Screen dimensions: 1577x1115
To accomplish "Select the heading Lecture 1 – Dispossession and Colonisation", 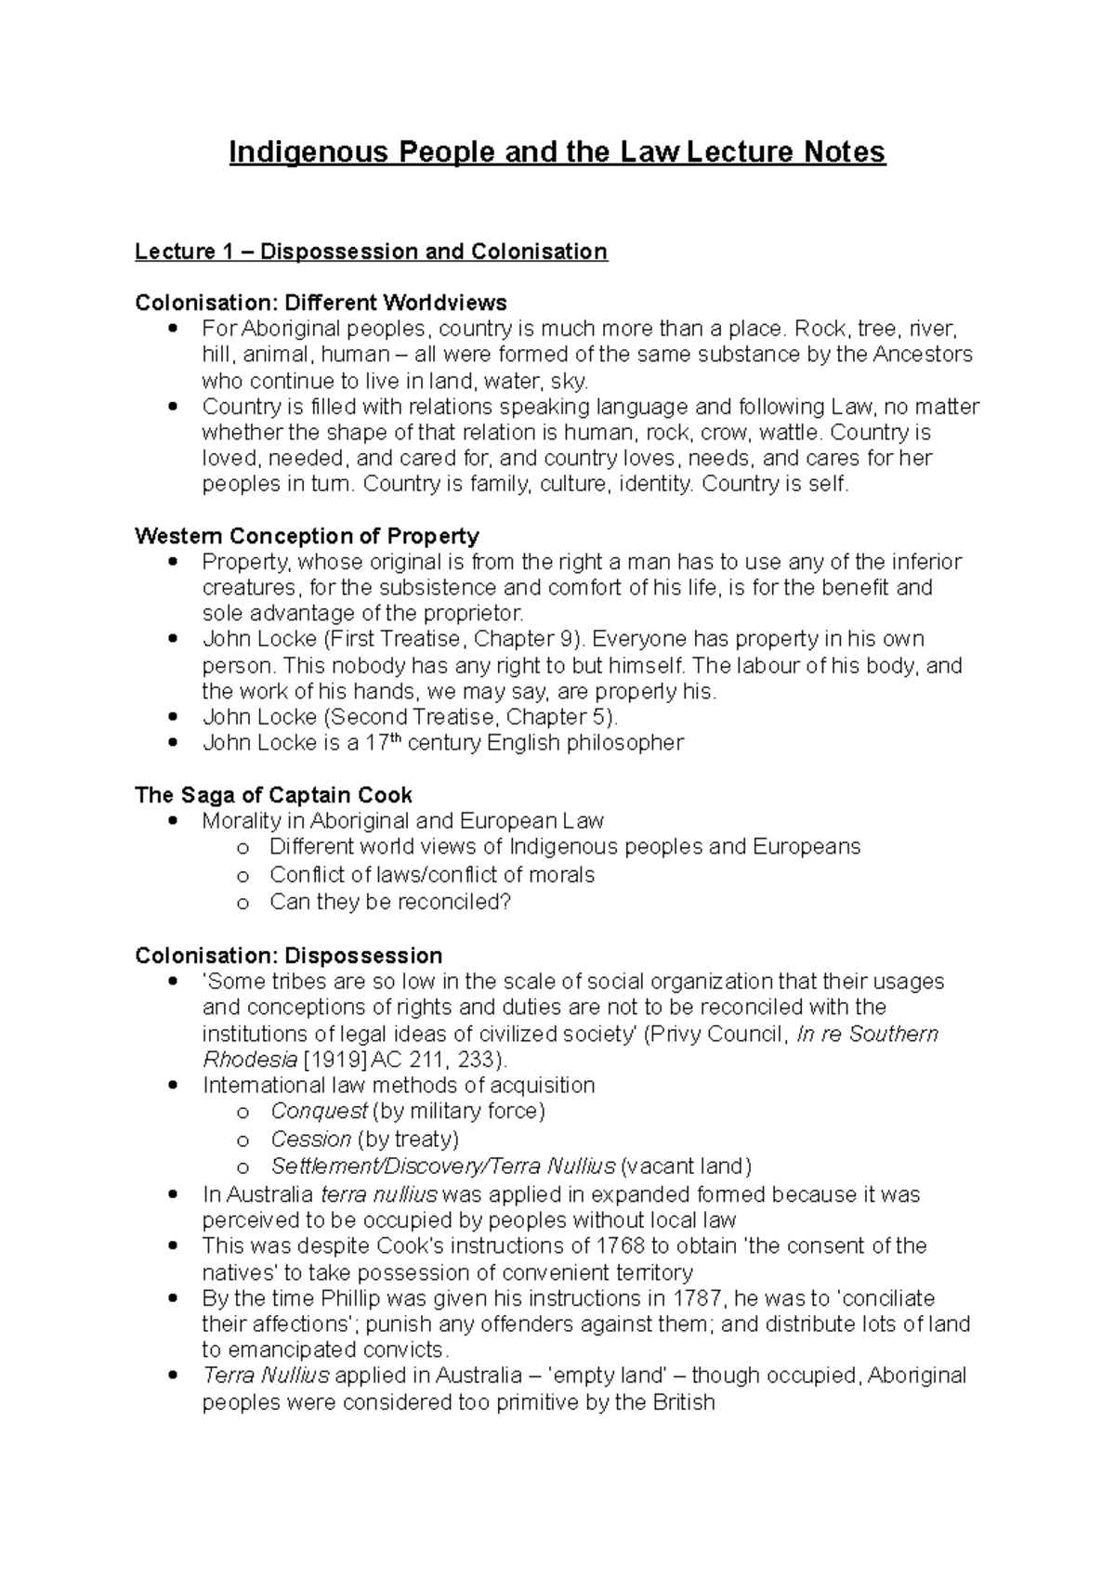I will pos(371,252).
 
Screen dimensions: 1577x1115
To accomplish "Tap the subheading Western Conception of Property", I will pos(307,536).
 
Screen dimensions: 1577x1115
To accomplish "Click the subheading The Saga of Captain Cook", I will pos(273,795).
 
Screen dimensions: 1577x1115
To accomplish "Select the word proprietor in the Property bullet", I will pos(474,614).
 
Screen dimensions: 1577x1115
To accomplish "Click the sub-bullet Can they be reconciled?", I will pos(390,902).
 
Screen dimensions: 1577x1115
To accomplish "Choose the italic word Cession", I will pos(310,1140).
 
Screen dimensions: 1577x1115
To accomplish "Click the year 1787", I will pos(705,1298).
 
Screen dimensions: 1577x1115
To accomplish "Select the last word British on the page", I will pos(682,1402).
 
